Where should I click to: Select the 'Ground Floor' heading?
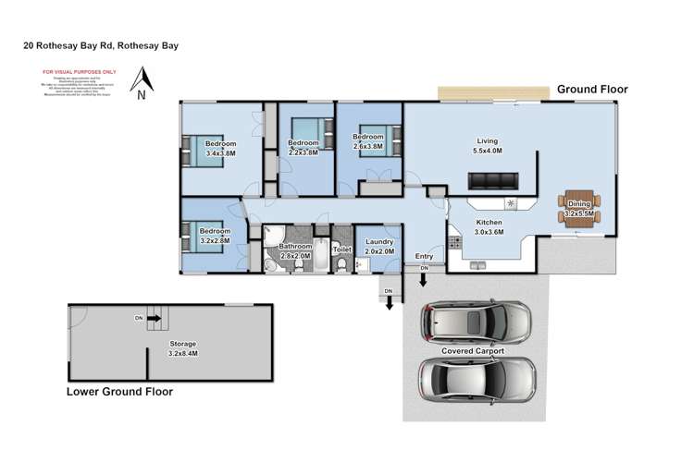(591, 90)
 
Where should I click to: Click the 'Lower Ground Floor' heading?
(119, 392)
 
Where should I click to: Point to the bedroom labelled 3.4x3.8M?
(220, 149)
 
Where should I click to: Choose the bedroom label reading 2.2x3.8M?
(303, 148)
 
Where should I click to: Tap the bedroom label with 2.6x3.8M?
(367, 141)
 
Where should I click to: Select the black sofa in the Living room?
(501, 179)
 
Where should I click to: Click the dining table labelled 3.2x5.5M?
(579, 209)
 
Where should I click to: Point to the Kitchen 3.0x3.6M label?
(489, 227)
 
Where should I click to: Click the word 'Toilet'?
(341, 249)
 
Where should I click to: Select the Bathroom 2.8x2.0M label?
(295, 250)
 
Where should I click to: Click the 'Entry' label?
(425, 256)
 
